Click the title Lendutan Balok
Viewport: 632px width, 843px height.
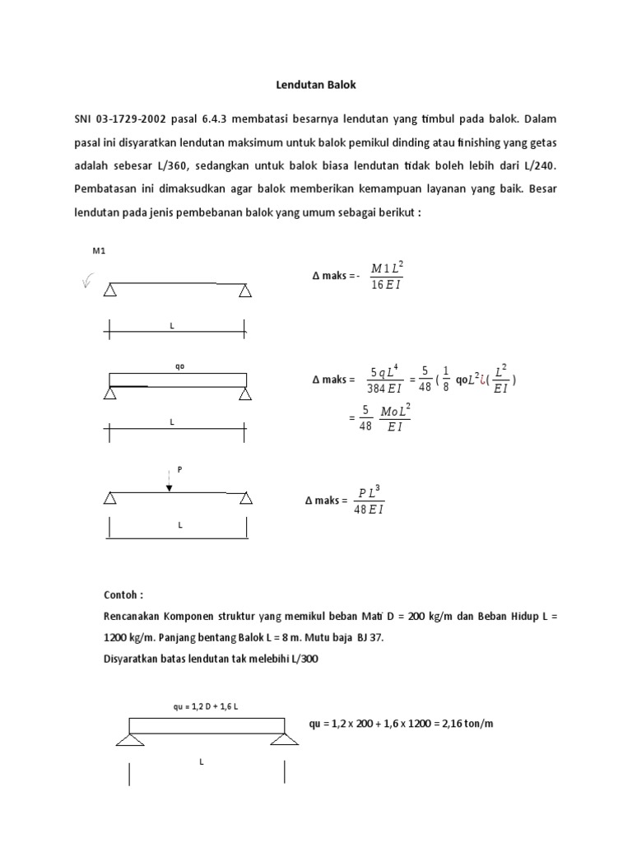point(315,85)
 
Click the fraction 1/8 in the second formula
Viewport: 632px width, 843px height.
point(445,380)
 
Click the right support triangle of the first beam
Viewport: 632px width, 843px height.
point(245,291)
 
